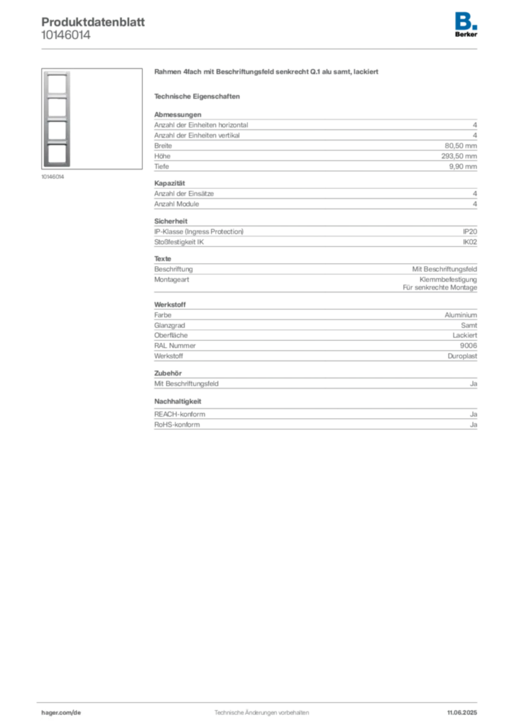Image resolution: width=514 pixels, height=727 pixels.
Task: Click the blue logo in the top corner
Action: tap(467, 20)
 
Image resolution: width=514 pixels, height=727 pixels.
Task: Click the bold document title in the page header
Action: tap(93, 21)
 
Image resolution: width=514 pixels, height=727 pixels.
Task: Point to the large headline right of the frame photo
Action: tap(267, 73)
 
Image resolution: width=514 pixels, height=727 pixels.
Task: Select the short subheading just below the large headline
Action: tap(199, 96)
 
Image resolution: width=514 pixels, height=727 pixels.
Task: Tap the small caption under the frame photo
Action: tap(54, 177)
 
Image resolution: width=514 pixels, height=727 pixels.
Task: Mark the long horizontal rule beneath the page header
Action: tap(261, 48)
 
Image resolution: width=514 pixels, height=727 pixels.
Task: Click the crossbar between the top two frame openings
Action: tap(57, 97)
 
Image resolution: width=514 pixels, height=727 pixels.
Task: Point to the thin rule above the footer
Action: tap(261, 699)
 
